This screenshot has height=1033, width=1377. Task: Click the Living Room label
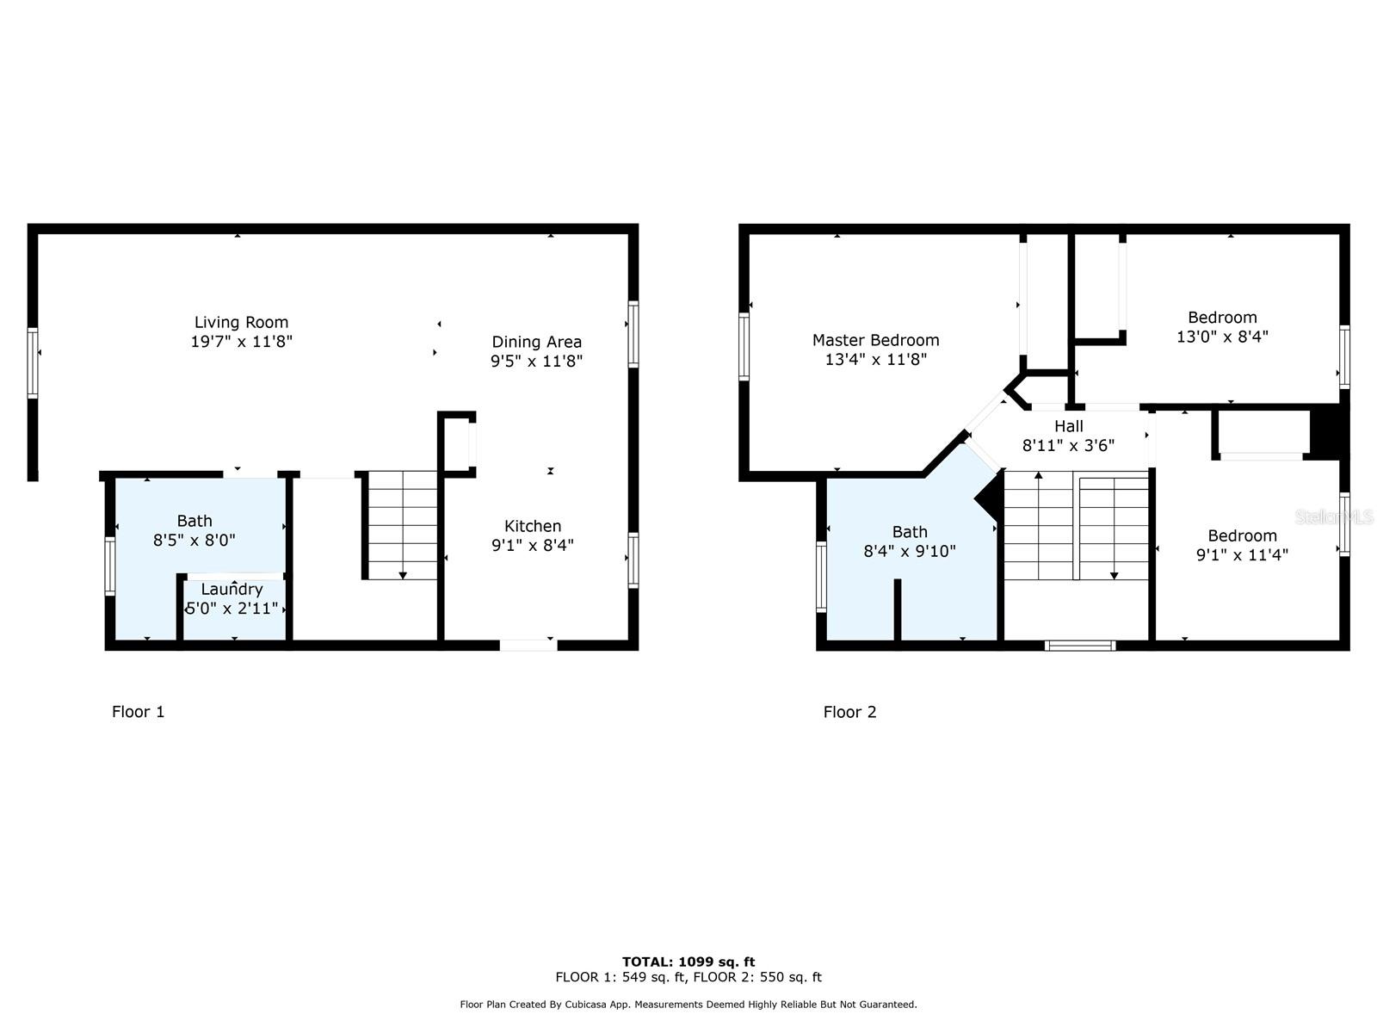(241, 323)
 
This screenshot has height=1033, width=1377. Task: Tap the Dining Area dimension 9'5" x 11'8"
(536, 362)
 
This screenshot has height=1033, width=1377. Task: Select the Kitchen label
(532, 526)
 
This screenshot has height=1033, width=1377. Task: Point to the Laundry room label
(232, 590)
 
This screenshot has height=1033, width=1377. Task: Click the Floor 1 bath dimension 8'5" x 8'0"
(195, 541)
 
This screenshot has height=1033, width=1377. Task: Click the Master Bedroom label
(875, 340)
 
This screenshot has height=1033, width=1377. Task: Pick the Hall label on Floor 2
(1068, 426)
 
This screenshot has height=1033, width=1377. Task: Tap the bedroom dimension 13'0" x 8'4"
(1222, 337)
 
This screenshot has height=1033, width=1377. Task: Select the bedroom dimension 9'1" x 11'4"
(1242, 555)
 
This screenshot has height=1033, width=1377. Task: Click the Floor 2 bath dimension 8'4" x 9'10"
(910, 551)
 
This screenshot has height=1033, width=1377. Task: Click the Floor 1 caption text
(138, 712)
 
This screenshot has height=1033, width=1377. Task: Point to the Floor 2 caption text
(849, 712)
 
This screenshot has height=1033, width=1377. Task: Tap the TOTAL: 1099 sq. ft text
(688, 962)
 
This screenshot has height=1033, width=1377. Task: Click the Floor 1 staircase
(402, 524)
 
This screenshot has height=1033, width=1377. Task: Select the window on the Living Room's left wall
(33, 362)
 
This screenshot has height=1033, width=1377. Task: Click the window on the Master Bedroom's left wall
(744, 346)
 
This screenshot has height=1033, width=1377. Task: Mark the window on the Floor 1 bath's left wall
(110, 566)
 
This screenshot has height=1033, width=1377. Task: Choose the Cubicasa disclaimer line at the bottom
(688, 1005)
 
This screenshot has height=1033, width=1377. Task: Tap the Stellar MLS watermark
(1334, 516)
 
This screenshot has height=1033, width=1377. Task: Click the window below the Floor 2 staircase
(1080, 645)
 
